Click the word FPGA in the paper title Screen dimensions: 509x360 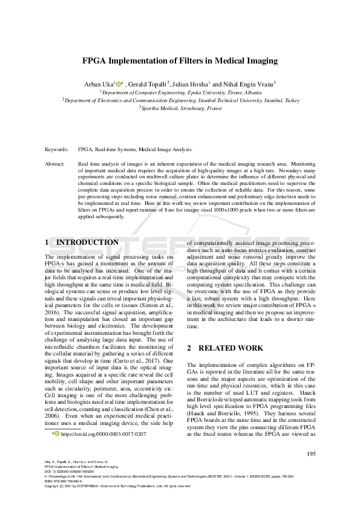coord(95,61)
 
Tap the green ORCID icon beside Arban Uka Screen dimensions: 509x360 coord(119,83)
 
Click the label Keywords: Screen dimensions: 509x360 coord(57,148)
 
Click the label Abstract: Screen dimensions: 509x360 coord(56,164)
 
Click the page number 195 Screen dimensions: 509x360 coord(312,454)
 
